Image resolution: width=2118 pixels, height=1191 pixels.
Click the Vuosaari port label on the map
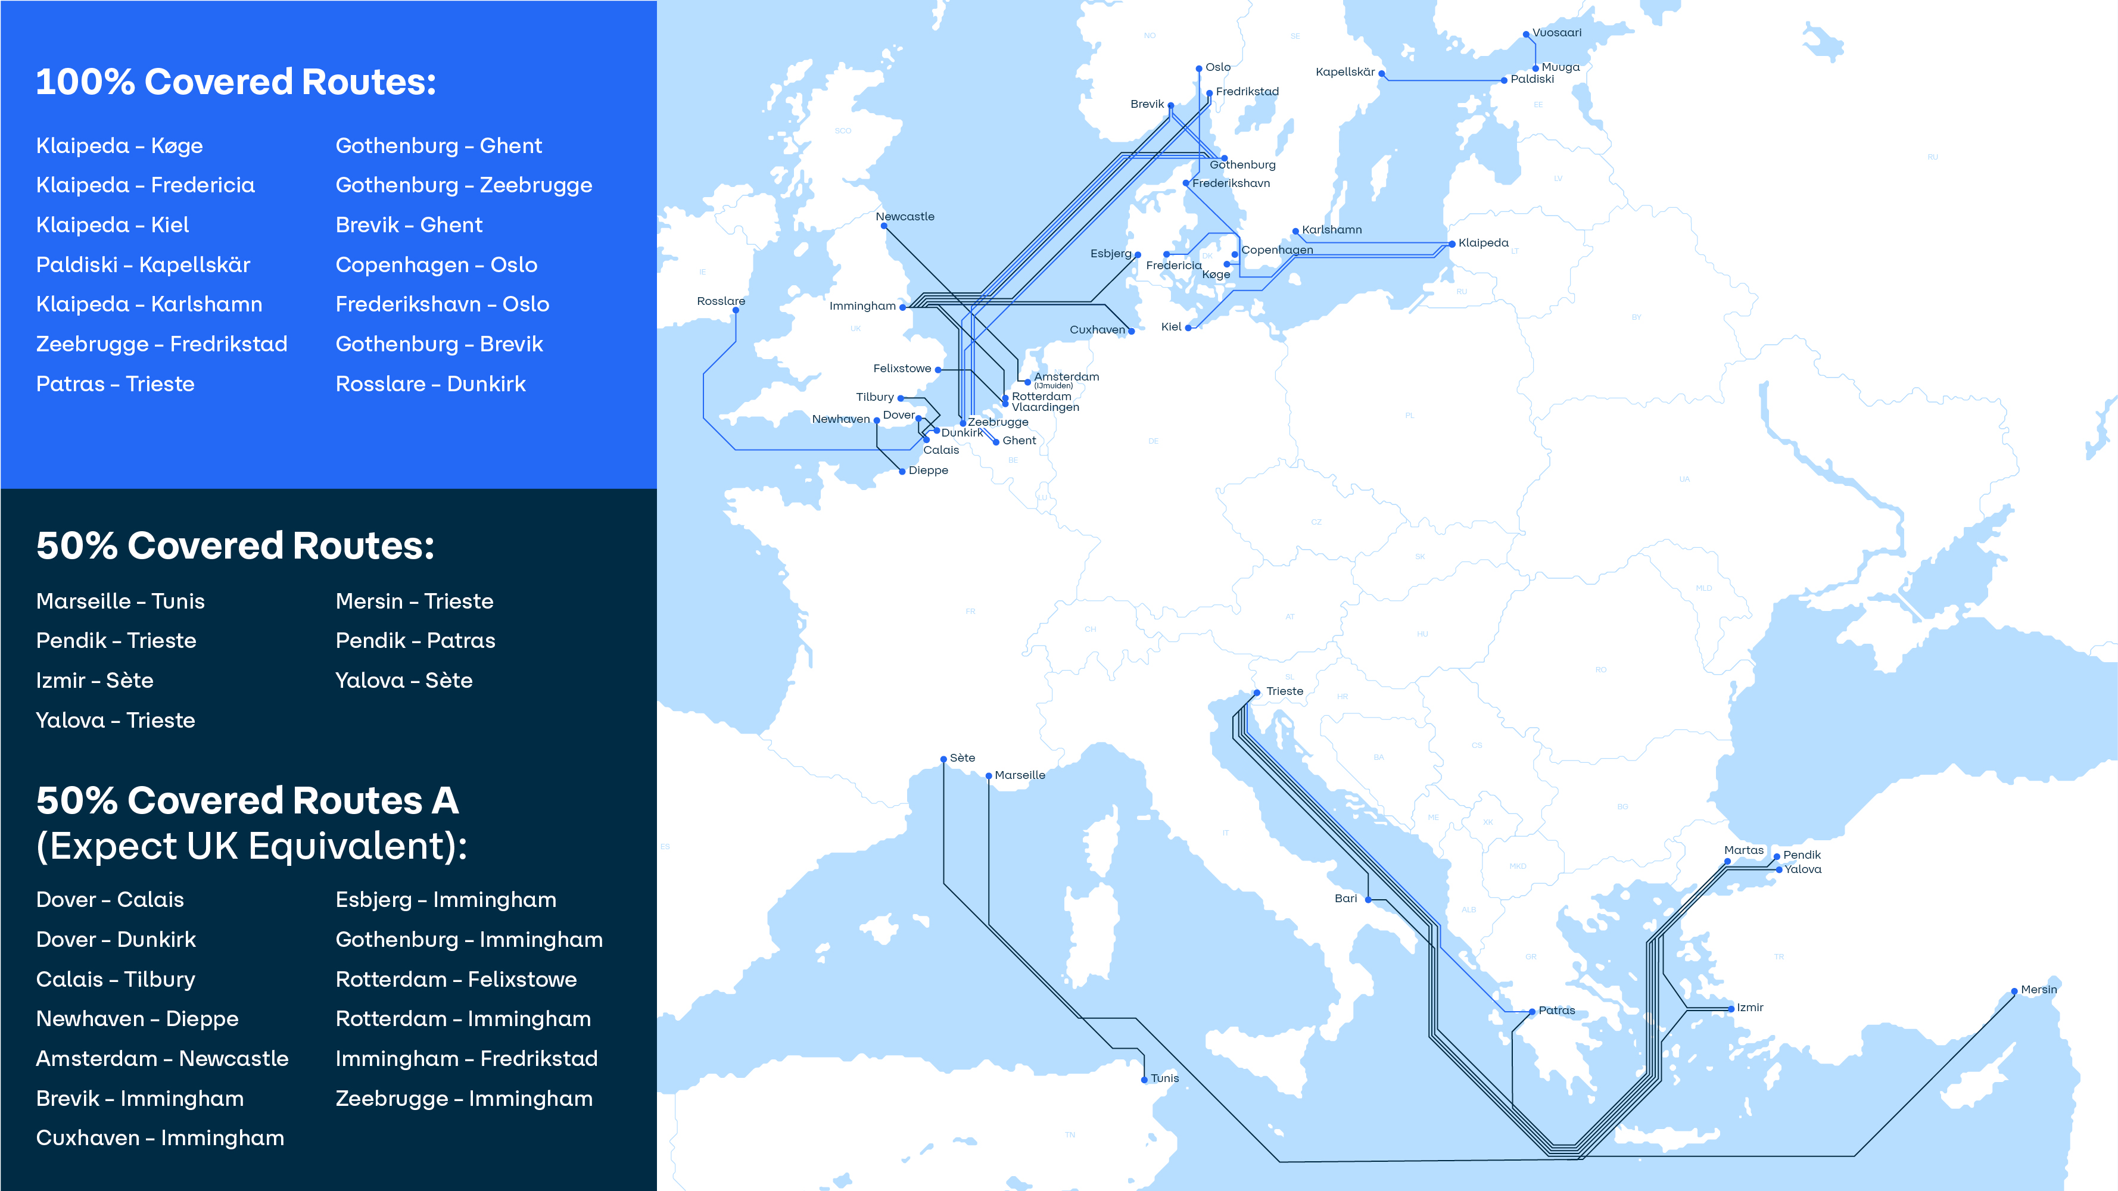tap(1556, 33)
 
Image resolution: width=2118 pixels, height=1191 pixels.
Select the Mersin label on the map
tap(2038, 990)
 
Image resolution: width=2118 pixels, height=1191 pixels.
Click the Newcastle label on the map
tap(904, 216)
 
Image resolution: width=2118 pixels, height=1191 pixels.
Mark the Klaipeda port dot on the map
tap(1452, 244)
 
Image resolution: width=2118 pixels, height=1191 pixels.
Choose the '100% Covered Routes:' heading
tap(236, 82)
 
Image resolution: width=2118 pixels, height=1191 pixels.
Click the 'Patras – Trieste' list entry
tap(115, 384)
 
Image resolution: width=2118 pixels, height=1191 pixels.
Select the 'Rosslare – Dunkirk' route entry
tap(430, 384)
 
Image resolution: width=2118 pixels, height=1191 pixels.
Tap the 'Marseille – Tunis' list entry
tap(120, 601)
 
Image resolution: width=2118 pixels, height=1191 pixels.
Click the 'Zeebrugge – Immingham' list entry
tap(464, 1098)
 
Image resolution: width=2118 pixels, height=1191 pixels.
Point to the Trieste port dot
tap(1257, 692)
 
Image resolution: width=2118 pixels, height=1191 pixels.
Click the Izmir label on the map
tap(1750, 1007)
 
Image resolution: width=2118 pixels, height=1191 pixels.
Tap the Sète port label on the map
tap(962, 758)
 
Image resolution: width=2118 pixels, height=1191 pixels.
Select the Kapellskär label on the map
tap(1344, 71)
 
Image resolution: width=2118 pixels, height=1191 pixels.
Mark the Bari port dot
tap(1368, 899)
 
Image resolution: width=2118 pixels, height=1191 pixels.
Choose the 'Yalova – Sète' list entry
tap(404, 681)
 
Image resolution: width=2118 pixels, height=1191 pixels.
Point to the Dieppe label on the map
tap(929, 470)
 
